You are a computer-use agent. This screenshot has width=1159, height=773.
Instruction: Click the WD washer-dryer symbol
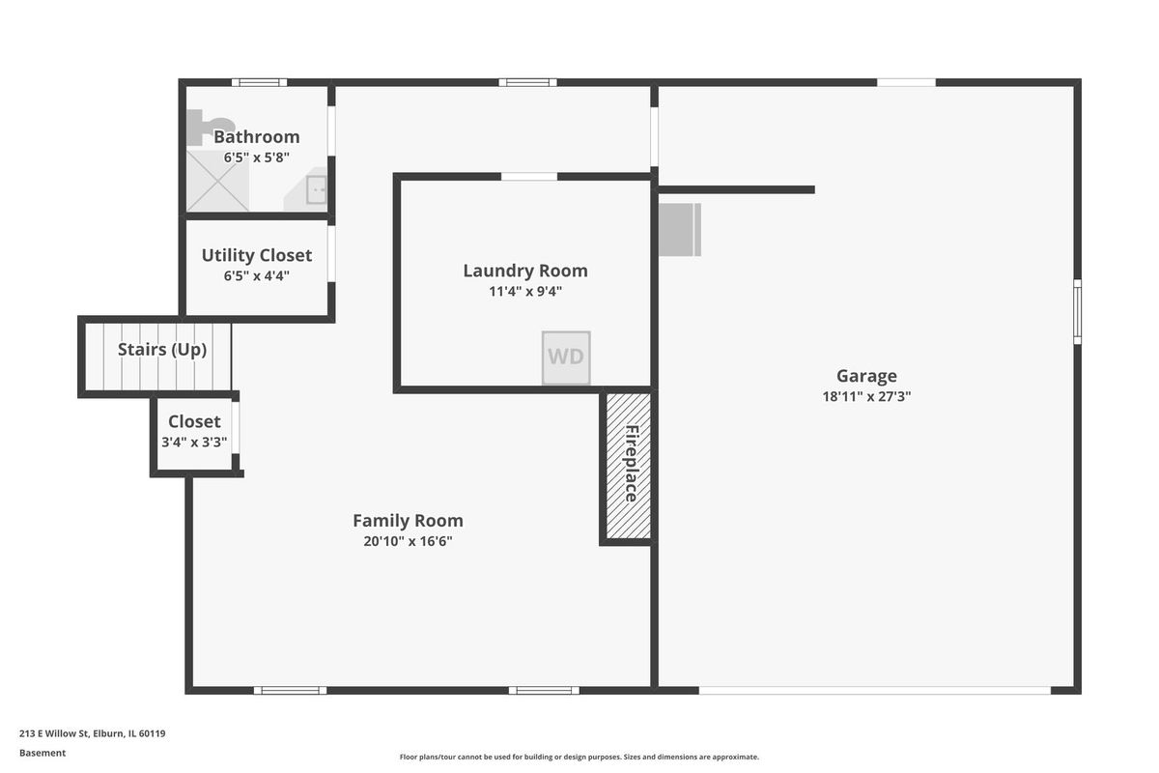click(x=566, y=358)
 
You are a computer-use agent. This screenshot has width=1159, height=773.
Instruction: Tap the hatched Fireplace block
click(x=628, y=466)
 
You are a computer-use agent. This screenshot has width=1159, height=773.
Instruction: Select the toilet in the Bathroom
click(x=207, y=127)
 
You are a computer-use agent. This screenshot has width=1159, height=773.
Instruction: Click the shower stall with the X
click(x=217, y=181)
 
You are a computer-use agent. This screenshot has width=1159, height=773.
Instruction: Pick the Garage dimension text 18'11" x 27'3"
click(x=866, y=396)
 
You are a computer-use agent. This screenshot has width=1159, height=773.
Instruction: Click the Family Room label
click(x=408, y=521)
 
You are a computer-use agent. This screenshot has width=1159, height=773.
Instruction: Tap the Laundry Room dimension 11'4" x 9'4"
click(x=525, y=292)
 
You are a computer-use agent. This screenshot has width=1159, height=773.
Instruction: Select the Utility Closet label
click(x=257, y=255)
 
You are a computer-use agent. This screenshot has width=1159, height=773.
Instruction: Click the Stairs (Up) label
click(x=162, y=350)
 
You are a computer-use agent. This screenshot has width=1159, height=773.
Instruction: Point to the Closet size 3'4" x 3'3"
click(x=194, y=443)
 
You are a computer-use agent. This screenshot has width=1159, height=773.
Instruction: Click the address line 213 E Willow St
click(x=93, y=733)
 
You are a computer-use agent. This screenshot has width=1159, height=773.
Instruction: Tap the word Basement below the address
click(x=42, y=753)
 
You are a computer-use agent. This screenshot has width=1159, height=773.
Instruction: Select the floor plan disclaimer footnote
click(x=579, y=757)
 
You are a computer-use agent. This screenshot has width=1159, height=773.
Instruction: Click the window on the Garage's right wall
click(x=1077, y=312)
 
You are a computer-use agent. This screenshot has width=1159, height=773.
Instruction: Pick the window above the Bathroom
click(x=259, y=82)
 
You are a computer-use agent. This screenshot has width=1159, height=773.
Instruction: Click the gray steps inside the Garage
click(x=679, y=229)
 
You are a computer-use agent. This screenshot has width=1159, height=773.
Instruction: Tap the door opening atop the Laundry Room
click(x=529, y=177)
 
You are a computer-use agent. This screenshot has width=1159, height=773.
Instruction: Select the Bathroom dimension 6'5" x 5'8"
click(x=257, y=157)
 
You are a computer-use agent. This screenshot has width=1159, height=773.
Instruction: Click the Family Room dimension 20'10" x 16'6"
click(x=408, y=541)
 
